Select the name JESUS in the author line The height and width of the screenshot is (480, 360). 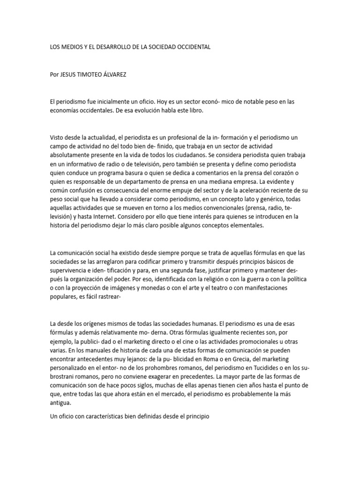tap(70, 75)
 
